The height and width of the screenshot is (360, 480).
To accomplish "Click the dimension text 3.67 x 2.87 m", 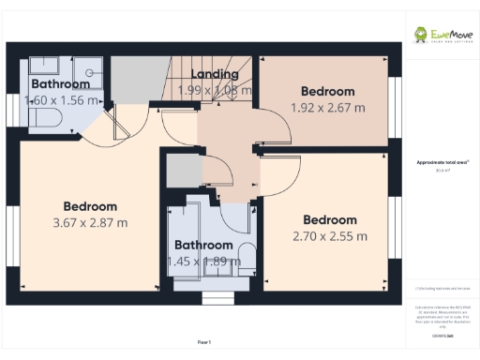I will [90, 222].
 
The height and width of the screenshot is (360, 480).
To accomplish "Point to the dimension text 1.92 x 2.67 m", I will [327, 107].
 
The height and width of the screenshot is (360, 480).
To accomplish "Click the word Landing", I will [214, 74].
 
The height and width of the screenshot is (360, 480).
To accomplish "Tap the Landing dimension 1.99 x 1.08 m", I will [215, 90].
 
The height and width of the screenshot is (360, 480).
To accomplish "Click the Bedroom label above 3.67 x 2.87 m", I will [90, 206].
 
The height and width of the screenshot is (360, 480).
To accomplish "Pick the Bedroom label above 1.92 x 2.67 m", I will [327, 91].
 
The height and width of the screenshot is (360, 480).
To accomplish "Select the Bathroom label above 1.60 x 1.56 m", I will [59, 83].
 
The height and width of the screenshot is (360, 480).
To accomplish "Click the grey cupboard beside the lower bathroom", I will [177, 172].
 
